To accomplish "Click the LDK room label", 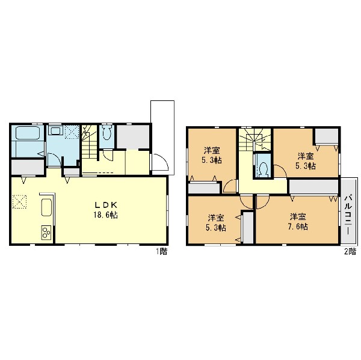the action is tap(106, 204).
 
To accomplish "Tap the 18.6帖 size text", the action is tap(106, 215).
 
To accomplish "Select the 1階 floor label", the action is tap(162, 252).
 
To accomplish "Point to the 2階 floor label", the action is tap(350, 252).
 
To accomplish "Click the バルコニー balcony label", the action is tap(348, 215).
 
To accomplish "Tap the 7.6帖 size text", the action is tap(298, 227).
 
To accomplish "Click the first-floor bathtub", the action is tap(28, 133).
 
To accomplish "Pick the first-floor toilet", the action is tap(107, 133).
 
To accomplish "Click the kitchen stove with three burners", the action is tap(46, 232).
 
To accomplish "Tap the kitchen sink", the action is tap(46, 207).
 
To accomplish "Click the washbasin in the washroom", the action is tap(55, 131).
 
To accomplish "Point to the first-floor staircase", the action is tap(89, 142).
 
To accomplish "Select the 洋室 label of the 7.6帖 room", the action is tap(298, 217).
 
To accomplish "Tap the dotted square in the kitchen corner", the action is tap(20, 202).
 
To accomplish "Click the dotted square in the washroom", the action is tap(72, 132).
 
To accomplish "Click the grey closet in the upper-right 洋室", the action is tap(327, 136).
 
